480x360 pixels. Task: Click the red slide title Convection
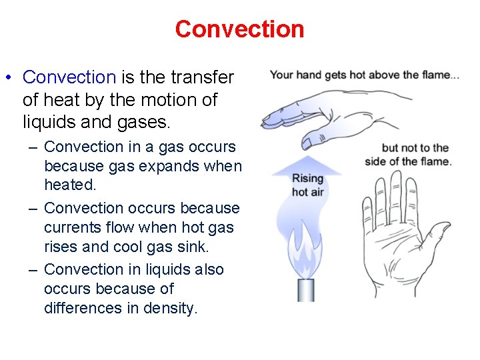pyautogui.click(x=239, y=29)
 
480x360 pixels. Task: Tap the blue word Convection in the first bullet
pyautogui.click(x=69, y=77)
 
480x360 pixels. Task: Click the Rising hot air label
pyautogui.click(x=307, y=185)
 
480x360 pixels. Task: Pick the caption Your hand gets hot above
pyautogui.click(x=364, y=75)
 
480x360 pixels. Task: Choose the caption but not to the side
pyautogui.click(x=408, y=155)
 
